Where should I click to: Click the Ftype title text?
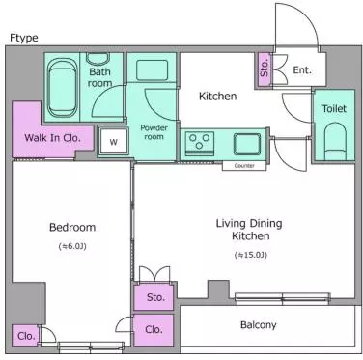tap(24, 38)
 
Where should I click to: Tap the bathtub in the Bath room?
tap(62, 88)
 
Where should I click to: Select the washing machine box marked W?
tap(113, 141)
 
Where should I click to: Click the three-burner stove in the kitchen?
tap(199, 143)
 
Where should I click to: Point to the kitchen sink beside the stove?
tap(247, 144)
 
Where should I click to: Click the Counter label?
tap(244, 166)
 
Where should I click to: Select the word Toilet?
tap(334, 109)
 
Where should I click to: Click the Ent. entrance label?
tap(302, 69)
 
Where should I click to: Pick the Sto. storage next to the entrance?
tap(264, 69)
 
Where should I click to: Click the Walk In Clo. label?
tap(52, 138)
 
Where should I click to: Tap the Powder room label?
tap(154, 132)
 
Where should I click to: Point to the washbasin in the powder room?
tap(152, 69)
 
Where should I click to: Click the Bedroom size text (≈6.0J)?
tap(72, 246)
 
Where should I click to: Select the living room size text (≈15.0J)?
tap(251, 255)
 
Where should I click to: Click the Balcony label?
tap(258, 325)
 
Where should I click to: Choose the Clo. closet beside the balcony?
tap(154, 330)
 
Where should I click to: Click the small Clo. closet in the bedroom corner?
tap(25, 336)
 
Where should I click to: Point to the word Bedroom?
tap(72, 227)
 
